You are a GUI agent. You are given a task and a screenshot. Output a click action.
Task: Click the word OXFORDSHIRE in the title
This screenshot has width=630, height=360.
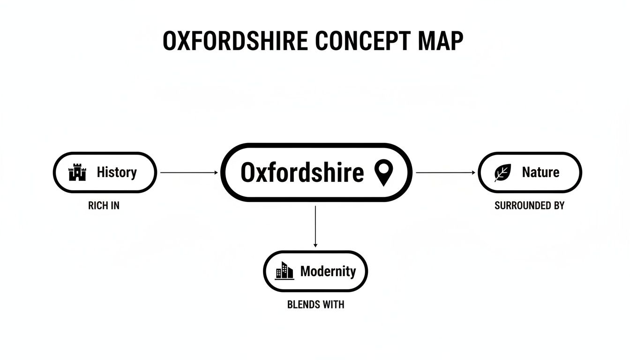pos(235,42)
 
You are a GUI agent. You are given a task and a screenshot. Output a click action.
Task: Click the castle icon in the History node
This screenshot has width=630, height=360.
pos(77,173)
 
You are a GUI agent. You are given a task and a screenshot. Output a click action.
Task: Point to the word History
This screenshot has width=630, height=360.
pos(117,172)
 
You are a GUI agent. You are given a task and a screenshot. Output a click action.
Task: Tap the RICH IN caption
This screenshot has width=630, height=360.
pos(104,206)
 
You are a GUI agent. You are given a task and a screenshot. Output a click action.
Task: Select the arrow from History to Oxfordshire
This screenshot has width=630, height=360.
pos(189,173)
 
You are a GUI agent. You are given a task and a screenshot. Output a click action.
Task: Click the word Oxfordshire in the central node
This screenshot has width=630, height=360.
pos(302,172)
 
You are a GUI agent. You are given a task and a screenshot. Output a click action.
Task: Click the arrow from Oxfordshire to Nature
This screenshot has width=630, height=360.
pos(445,173)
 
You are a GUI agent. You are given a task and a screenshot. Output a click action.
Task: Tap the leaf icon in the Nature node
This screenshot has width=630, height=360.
pos(502,173)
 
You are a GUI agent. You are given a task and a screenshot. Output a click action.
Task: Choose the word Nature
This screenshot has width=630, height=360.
pos(540,172)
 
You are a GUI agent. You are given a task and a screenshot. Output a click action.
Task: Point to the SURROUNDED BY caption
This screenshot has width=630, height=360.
pos(530,206)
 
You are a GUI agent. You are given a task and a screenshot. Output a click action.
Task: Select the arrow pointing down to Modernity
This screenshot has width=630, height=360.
pos(315,226)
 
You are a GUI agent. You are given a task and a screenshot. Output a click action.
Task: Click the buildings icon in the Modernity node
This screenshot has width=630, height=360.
pos(285,271)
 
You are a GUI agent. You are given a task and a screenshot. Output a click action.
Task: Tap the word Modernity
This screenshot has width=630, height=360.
pos(328,271)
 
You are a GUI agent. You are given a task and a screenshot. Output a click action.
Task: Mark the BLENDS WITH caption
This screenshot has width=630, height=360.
pos(315,305)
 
